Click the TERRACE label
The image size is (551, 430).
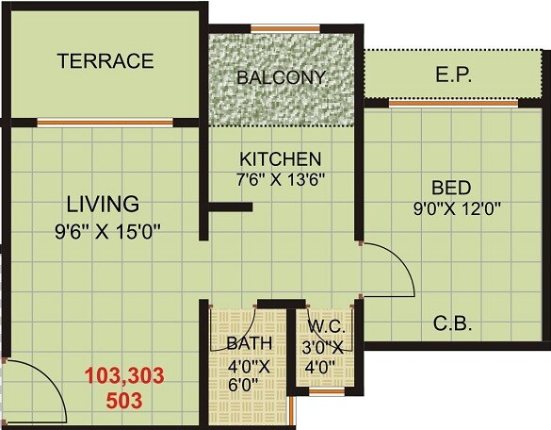pos(105,62)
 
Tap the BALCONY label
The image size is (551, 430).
pos(281,77)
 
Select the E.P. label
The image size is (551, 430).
pos(454,73)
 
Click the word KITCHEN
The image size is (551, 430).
pos(281,158)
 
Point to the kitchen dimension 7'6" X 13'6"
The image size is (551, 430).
pos(282,178)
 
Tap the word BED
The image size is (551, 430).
pos(451,187)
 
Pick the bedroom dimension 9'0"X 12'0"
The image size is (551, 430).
pos(451,208)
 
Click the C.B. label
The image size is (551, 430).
pos(452,325)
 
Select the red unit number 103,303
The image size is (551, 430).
pos(124,379)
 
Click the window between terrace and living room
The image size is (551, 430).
pos(105,122)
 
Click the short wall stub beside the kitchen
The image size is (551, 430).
pos(230,205)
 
